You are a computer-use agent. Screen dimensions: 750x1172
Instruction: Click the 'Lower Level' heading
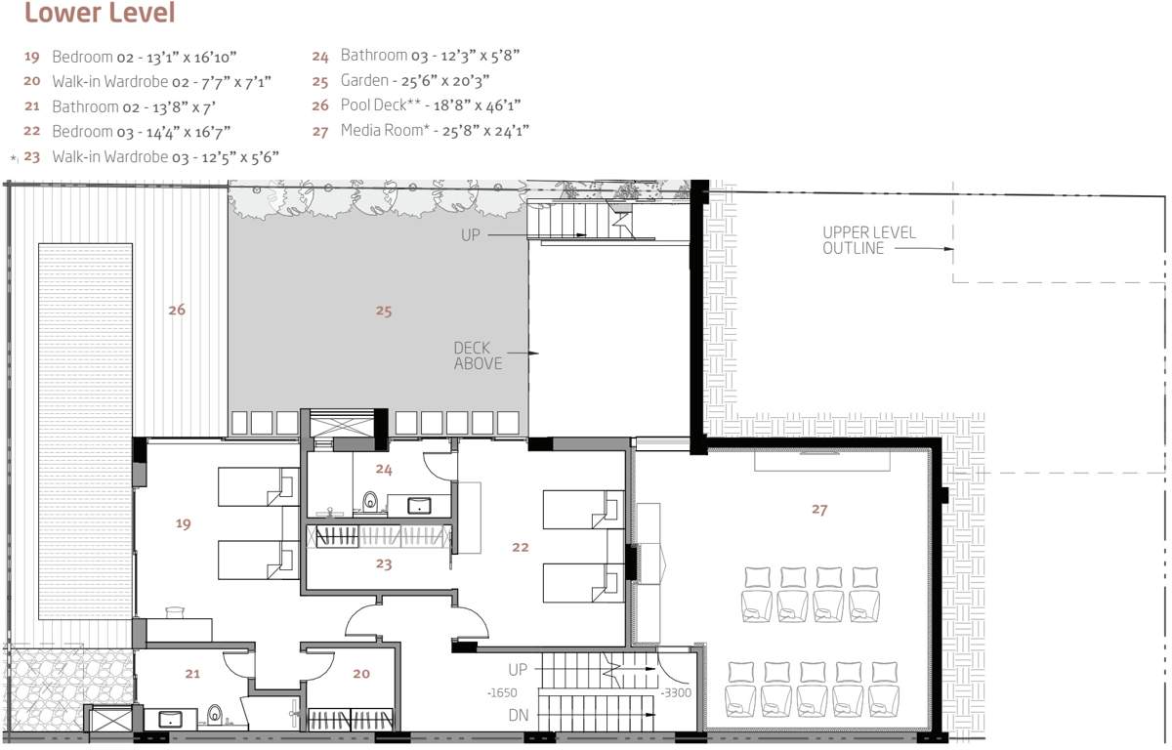click(x=99, y=14)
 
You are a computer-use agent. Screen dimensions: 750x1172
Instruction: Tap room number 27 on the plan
click(x=818, y=509)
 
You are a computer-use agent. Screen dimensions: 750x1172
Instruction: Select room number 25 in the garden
click(x=383, y=311)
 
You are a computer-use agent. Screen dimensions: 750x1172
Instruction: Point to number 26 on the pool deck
click(x=176, y=310)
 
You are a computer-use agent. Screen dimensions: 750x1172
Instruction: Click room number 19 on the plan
click(x=183, y=523)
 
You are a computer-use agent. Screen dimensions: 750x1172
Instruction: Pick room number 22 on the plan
click(x=520, y=547)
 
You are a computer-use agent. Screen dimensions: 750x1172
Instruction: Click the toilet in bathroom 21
click(x=214, y=716)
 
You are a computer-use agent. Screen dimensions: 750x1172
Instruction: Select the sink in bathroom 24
click(x=421, y=505)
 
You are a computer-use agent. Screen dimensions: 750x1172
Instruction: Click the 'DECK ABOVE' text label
click(x=478, y=355)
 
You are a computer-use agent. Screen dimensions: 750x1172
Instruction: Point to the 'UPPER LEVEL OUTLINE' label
click(x=855, y=240)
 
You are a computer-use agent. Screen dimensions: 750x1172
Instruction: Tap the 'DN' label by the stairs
click(x=520, y=715)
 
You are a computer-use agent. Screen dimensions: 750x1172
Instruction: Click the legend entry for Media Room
click(x=421, y=130)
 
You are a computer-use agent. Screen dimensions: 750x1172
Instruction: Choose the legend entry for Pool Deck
click(x=421, y=104)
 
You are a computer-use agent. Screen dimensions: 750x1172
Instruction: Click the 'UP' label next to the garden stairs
click(x=472, y=235)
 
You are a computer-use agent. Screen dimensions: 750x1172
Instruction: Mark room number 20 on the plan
click(x=361, y=673)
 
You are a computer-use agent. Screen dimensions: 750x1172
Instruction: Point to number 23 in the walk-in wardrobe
click(x=383, y=563)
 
